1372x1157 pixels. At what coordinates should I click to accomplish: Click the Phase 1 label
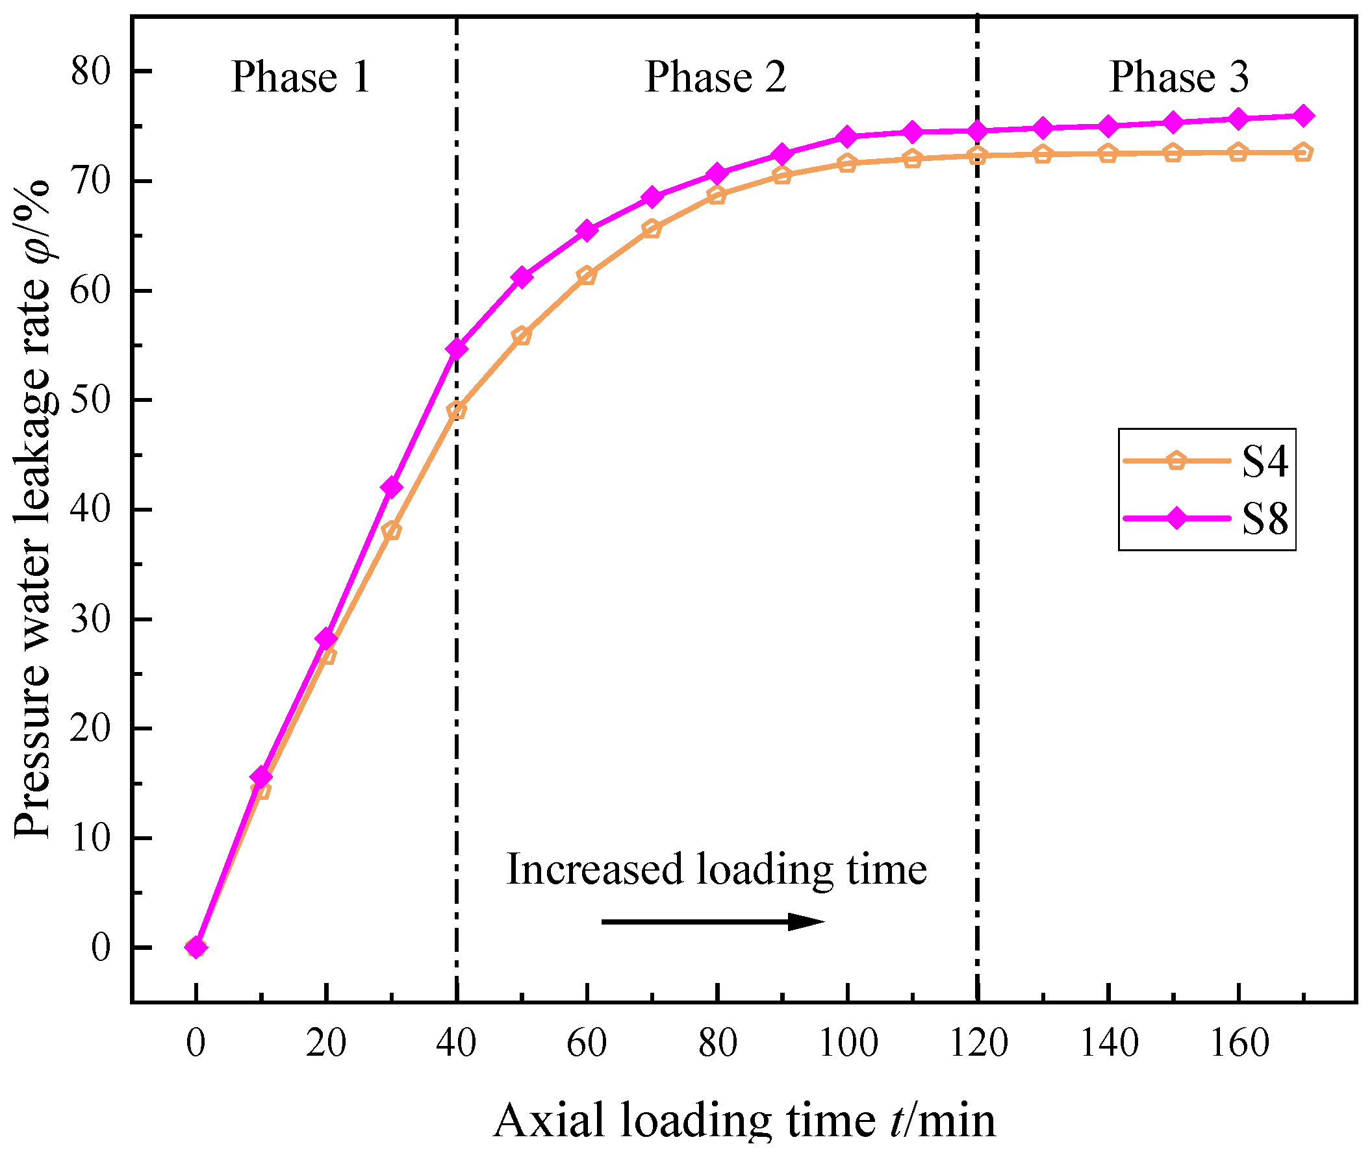click(301, 77)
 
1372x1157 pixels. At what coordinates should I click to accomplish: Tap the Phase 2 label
click(715, 77)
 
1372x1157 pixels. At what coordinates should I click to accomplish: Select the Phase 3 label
click(1178, 77)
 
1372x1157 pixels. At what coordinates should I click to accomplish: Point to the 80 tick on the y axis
click(91, 71)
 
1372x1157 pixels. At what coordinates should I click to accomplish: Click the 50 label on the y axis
click(91, 400)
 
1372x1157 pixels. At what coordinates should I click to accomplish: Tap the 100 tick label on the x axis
click(848, 1043)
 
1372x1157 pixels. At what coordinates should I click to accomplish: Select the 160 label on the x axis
click(1239, 1043)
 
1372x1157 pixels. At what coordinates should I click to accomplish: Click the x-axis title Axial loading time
click(744, 1121)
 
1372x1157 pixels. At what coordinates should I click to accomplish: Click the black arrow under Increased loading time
click(713, 921)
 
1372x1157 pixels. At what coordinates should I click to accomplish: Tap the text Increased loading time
click(717, 870)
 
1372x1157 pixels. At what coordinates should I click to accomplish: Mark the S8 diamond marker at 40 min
click(457, 348)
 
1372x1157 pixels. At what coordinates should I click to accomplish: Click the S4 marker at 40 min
click(457, 411)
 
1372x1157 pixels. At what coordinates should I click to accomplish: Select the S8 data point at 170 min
click(1303, 116)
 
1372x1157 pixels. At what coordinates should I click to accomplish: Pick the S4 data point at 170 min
click(1303, 153)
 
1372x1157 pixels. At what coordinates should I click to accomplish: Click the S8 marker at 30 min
click(392, 488)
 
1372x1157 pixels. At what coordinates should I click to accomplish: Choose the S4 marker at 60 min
click(587, 275)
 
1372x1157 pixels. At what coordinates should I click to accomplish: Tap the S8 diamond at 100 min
click(848, 137)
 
